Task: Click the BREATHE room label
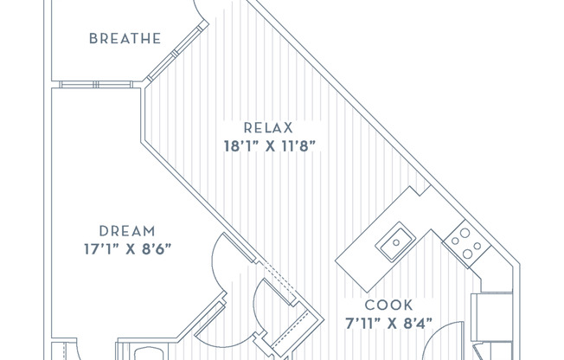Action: [125, 38]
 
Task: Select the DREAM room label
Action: [127, 231]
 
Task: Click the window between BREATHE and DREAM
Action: [97, 84]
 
